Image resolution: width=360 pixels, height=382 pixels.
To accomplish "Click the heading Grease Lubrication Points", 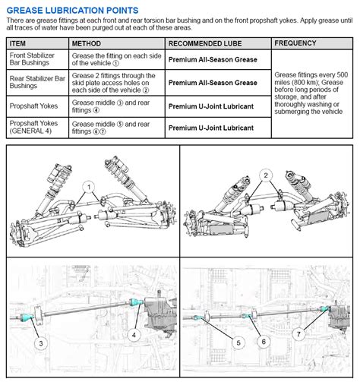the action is pos(72,11).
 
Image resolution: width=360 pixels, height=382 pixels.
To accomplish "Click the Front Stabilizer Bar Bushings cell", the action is pos(37,59).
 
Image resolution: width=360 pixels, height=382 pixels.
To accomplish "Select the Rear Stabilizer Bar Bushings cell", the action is pos(37,83).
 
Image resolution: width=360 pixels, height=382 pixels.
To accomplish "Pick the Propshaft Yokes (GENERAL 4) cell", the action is pos(37,128).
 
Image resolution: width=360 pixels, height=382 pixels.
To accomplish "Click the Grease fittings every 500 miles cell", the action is pos(312,93).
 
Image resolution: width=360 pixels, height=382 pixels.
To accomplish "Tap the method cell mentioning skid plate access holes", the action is pos(117,83).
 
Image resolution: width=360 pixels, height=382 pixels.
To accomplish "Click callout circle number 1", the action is pos(89,187).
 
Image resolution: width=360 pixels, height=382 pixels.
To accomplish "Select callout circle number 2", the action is pos(266,175).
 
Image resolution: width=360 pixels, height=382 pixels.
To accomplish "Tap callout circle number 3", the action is pos(41,343).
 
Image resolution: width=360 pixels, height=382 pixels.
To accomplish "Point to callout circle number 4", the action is pos(134,335).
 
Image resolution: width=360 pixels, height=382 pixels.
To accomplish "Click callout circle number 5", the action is pos(238,343).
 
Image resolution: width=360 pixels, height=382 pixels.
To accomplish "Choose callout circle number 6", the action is pos(264,342).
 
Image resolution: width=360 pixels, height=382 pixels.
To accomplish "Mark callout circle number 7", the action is pos(298,334).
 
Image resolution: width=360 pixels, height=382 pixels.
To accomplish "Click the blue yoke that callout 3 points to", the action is pos(27,317).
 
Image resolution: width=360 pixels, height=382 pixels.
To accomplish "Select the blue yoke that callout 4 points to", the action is pos(137,301).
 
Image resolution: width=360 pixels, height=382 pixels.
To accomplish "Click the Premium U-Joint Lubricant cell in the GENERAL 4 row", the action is pos(218,128).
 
